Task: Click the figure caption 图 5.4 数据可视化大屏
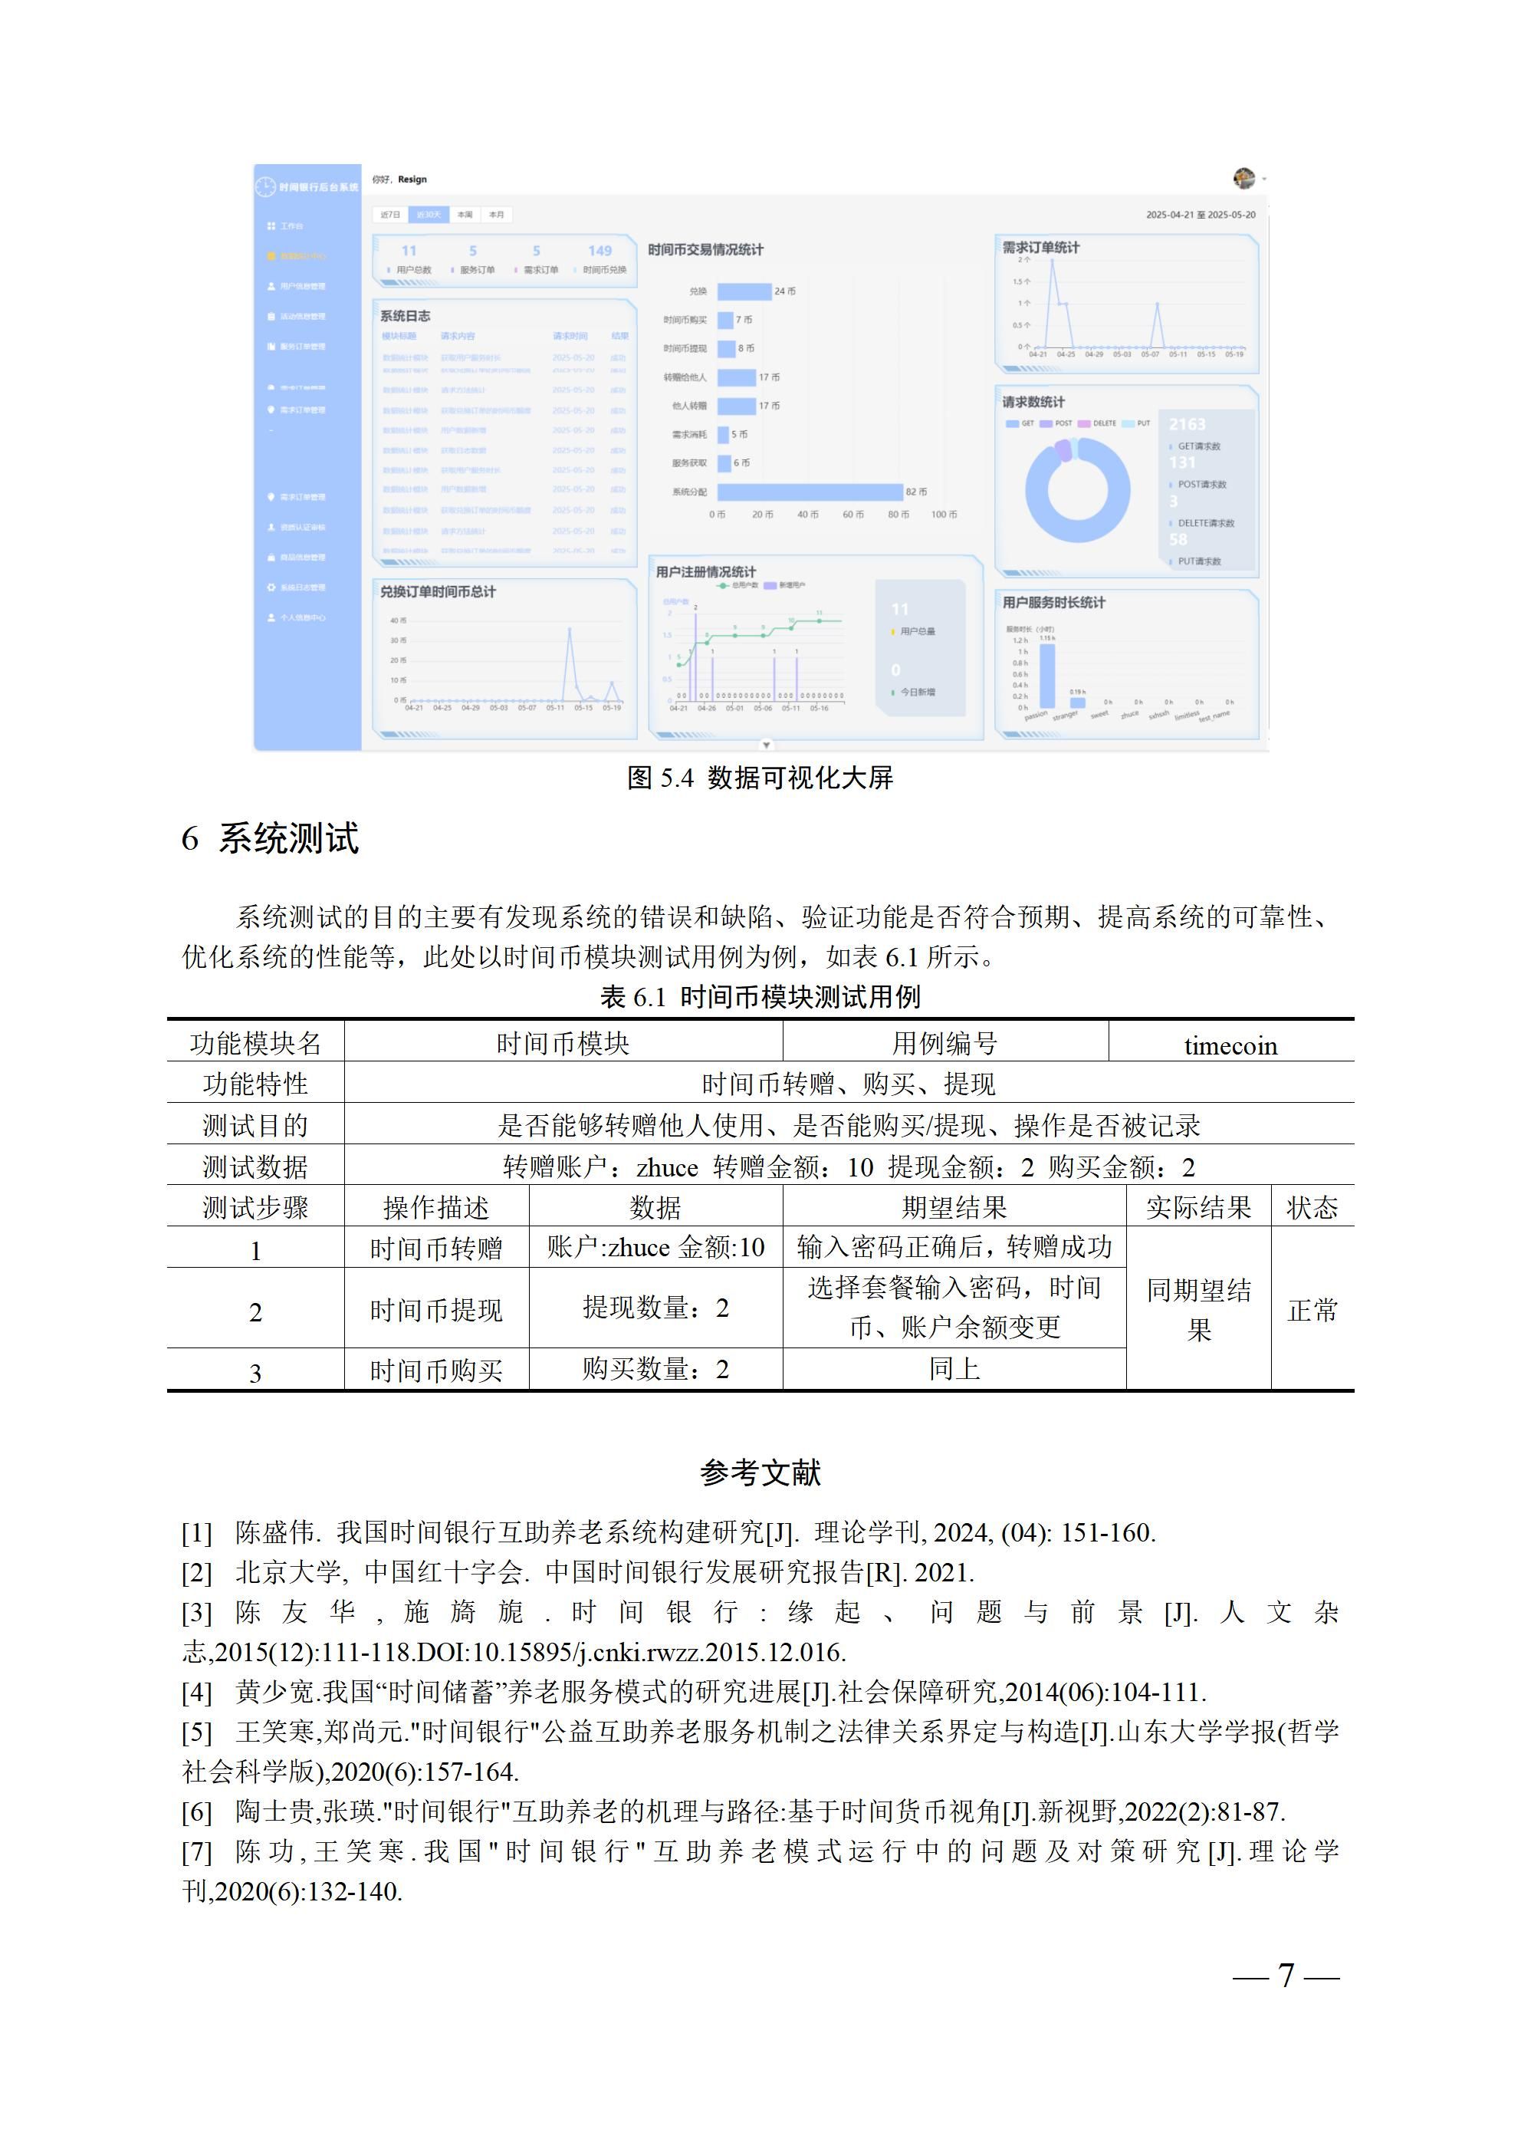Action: click(760, 777)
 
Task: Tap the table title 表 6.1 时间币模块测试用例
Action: click(760, 996)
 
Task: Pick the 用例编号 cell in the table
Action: click(944, 1043)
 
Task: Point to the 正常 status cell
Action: click(1312, 1309)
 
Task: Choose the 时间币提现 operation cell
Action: click(435, 1309)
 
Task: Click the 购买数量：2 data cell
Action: click(655, 1370)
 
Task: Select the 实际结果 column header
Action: click(1197, 1207)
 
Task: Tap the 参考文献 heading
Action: click(760, 1473)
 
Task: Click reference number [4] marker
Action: click(197, 1692)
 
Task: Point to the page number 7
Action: click(1286, 1975)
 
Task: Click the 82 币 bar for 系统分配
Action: click(810, 492)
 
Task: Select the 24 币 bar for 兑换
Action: click(744, 291)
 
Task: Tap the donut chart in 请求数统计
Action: click(1077, 489)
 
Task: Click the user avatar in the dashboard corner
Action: click(1243, 178)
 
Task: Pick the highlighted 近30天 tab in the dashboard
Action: click(429, 215)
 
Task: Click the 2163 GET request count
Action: click(1187, 425)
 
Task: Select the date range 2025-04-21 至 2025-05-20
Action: click(1200, 215)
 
